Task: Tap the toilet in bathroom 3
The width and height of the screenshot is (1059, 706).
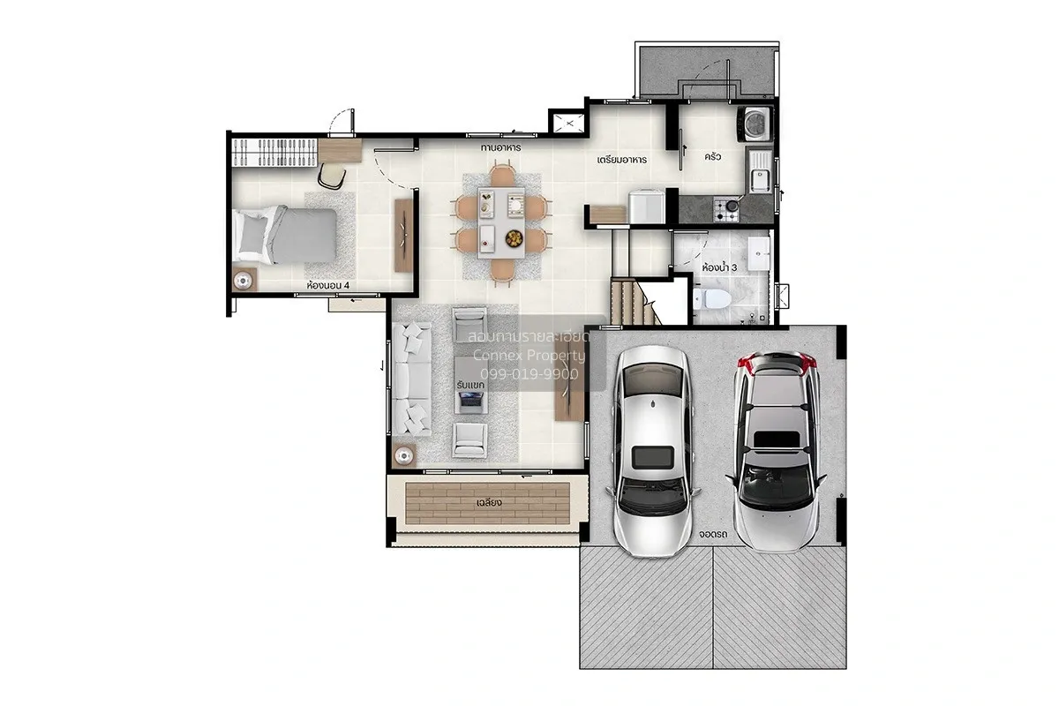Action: (x=712, y=298)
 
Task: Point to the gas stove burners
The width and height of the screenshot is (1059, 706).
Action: (x=725, y=209)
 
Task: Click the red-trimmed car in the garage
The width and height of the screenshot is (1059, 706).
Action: (x=776, y=452)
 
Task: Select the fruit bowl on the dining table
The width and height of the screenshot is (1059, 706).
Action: (x=514, y=238)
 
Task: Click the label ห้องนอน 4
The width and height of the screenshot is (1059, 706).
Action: (x=327, y=285)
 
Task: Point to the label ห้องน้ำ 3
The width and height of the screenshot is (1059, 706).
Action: (x=719, y=267)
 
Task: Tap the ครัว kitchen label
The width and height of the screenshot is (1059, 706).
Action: (x=712, y=156)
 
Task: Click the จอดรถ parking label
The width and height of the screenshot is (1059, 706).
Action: (x=712, y=534)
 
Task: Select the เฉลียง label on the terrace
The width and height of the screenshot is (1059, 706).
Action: (x=489, y=502)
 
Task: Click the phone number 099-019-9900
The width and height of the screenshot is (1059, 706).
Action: (x=529, y=374)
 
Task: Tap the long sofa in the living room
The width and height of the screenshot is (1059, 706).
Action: (x=412, y=379)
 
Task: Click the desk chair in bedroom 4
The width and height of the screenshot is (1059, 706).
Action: (x=332, y=175)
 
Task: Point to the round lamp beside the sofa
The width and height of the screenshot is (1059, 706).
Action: (x=404, y=456)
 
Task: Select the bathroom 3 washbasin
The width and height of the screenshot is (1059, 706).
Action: (x=759, y=254)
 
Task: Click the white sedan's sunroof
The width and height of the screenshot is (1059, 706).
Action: (x=652, y=457)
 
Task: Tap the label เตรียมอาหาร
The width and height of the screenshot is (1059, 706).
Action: (x=621, y=160)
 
